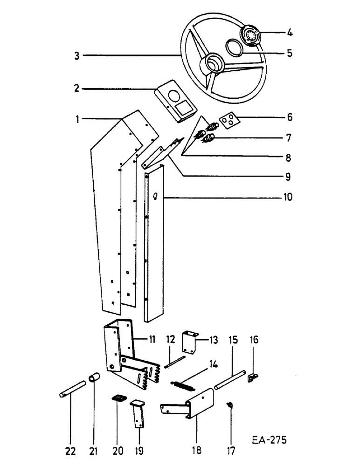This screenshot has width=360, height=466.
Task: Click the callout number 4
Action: click(290, 33)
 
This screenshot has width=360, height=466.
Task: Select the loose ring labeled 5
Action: click(234, 48)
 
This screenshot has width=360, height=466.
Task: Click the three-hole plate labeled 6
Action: click(228, 120)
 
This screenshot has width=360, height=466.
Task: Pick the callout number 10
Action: click(287, 197)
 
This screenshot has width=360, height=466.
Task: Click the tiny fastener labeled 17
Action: click(230, 404)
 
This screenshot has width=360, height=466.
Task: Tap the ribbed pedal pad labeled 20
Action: click(119, 398)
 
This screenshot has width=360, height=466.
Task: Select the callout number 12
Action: click(169, 338)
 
